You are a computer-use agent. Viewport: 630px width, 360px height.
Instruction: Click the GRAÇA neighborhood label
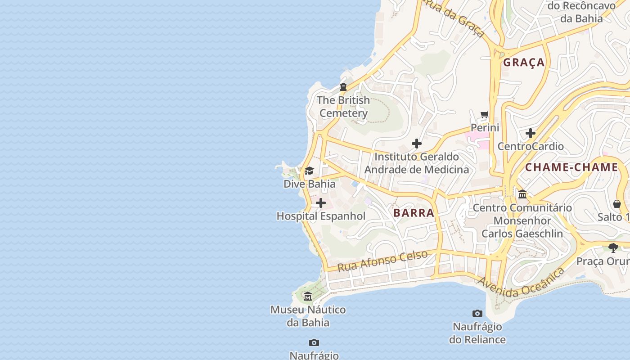click(x=524, y=62)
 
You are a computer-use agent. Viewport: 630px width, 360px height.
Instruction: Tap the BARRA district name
click(x=414, y=213)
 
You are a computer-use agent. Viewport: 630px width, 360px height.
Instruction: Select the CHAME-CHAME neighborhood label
click(x=571, y=167)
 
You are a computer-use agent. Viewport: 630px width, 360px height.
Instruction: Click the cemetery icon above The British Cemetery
click(x=343, y=87)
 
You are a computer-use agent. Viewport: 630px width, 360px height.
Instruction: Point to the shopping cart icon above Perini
click(x=485, y=114)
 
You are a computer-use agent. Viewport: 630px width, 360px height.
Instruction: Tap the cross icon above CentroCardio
click(x=531, y=133)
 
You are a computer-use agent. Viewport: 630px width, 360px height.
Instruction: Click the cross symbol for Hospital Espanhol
click(x=321, y=203)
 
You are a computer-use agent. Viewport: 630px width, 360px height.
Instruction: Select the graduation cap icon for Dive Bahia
click(x=309, y=171)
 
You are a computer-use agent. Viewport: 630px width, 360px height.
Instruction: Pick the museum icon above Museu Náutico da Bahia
click(x=308, y=297)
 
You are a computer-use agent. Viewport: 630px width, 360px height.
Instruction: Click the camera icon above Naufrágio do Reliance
click(x=477, y=313)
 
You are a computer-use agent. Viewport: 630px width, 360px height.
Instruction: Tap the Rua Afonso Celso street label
click(x=382, y=261)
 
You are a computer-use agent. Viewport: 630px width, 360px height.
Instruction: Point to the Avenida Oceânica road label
click(x=521, y=283)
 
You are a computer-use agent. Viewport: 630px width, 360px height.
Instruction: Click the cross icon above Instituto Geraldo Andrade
click(x=417, y=144)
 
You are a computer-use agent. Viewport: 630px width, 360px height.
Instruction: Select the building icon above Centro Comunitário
click(x=522, y=194)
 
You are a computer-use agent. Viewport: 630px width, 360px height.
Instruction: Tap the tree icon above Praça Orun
click(x=613, y=247)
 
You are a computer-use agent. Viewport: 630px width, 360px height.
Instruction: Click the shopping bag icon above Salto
click(x=617, y=204)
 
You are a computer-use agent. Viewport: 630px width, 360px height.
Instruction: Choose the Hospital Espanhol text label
click(x=321, y=216)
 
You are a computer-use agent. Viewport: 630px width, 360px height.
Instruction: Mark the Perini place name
click(x=485, y=128)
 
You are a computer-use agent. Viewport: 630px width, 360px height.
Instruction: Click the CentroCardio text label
click(x=531, y=146)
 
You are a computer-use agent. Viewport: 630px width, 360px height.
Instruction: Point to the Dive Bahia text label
click(x=309, y=184)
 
